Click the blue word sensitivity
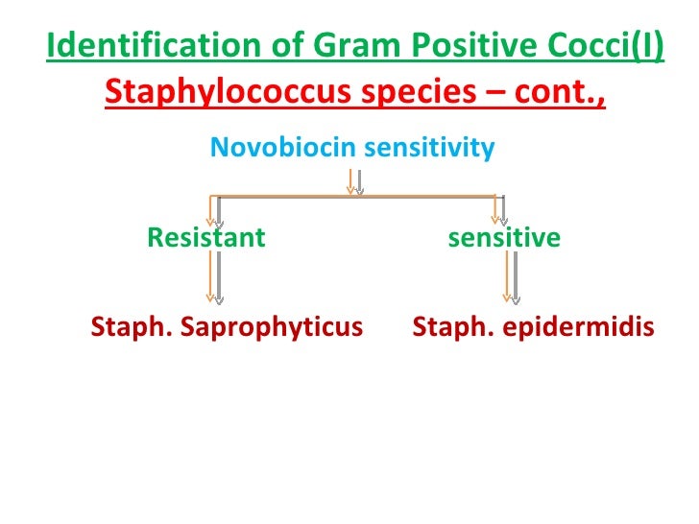click(x=428, y=148)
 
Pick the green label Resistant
click(x=205, y=238)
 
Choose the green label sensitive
click(x=504, y=238)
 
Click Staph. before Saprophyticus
click(x=126, y=328)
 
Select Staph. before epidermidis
click(x=447, y=328)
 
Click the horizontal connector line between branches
click(x=288, y=196)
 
